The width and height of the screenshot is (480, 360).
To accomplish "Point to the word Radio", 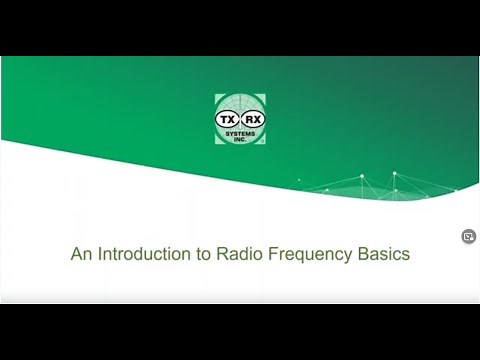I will pos(233,254).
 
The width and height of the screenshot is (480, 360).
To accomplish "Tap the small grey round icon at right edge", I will pos(468,237).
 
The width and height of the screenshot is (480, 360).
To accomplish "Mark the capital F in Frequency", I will pos(265,254).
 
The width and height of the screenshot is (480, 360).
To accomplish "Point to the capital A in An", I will pos(76,254).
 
